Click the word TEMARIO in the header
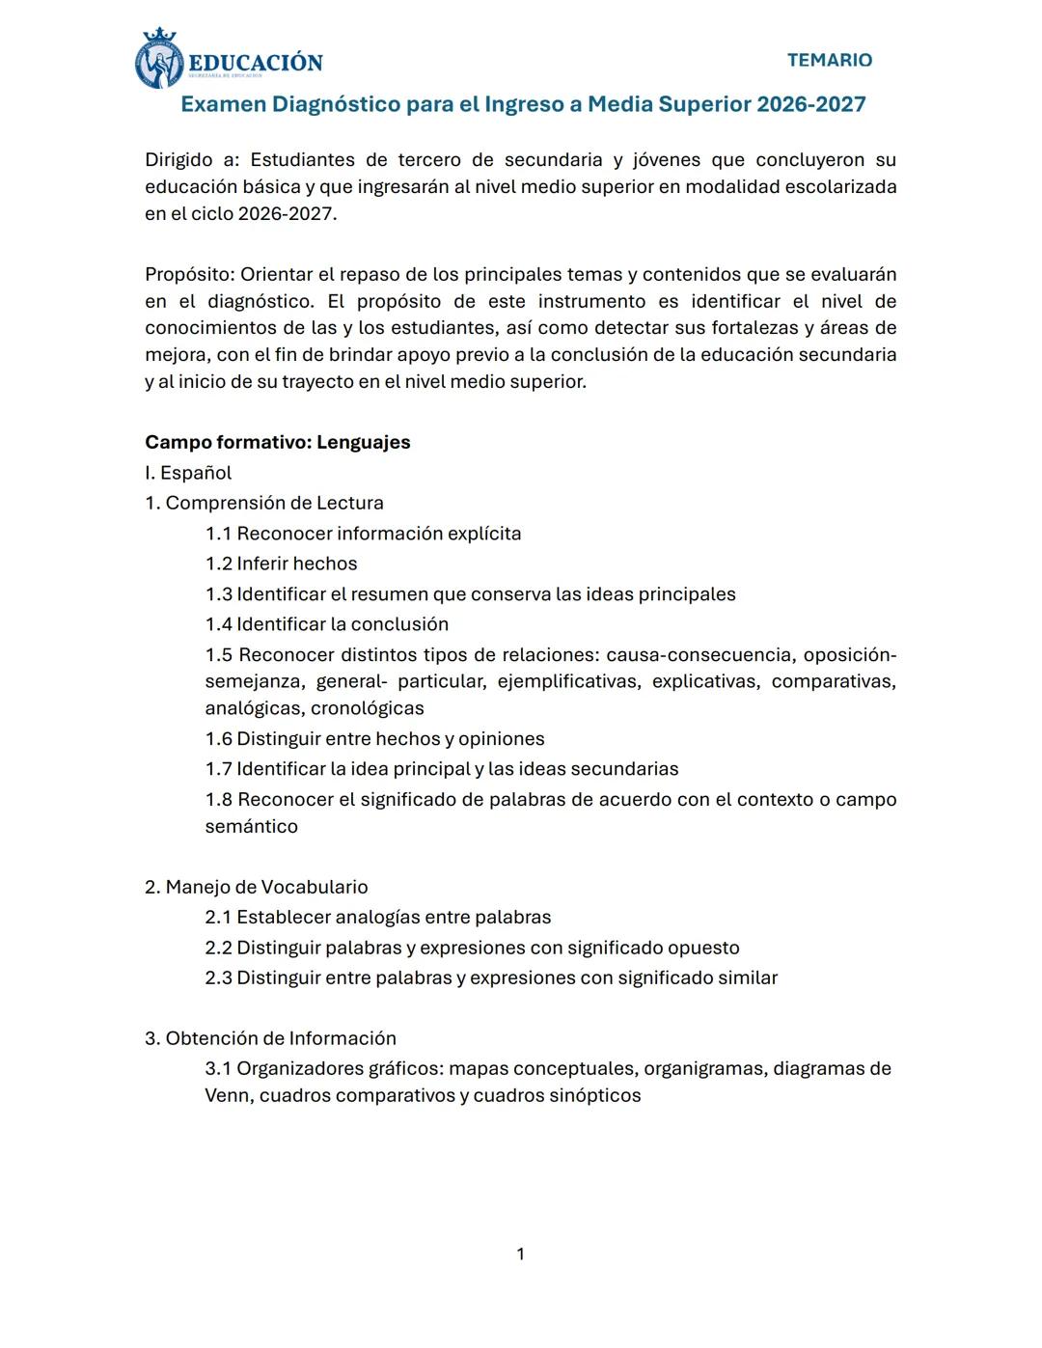pos(829,60)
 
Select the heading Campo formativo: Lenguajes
pos(277,442)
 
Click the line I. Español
pos(188,473)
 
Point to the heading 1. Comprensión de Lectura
pos(263,503)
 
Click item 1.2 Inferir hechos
pos(281,564)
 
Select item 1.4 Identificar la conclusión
pos(326,624)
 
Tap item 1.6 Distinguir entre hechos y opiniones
pos(374,739)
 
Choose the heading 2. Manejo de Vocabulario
pos(256,887)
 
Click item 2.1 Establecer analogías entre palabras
pos(377,918)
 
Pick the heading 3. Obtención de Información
pos(270,1038)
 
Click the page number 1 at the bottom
pos(521,1254)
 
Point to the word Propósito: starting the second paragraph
pos(189,275)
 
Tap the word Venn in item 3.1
pos(227,1096)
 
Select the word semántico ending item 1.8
pos(251,827)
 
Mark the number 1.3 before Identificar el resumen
pos(218,594)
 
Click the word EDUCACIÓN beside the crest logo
pos(255,63)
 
